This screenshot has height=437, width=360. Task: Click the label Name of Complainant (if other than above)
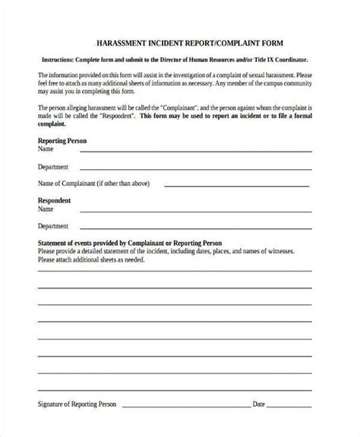tap(88, 183)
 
